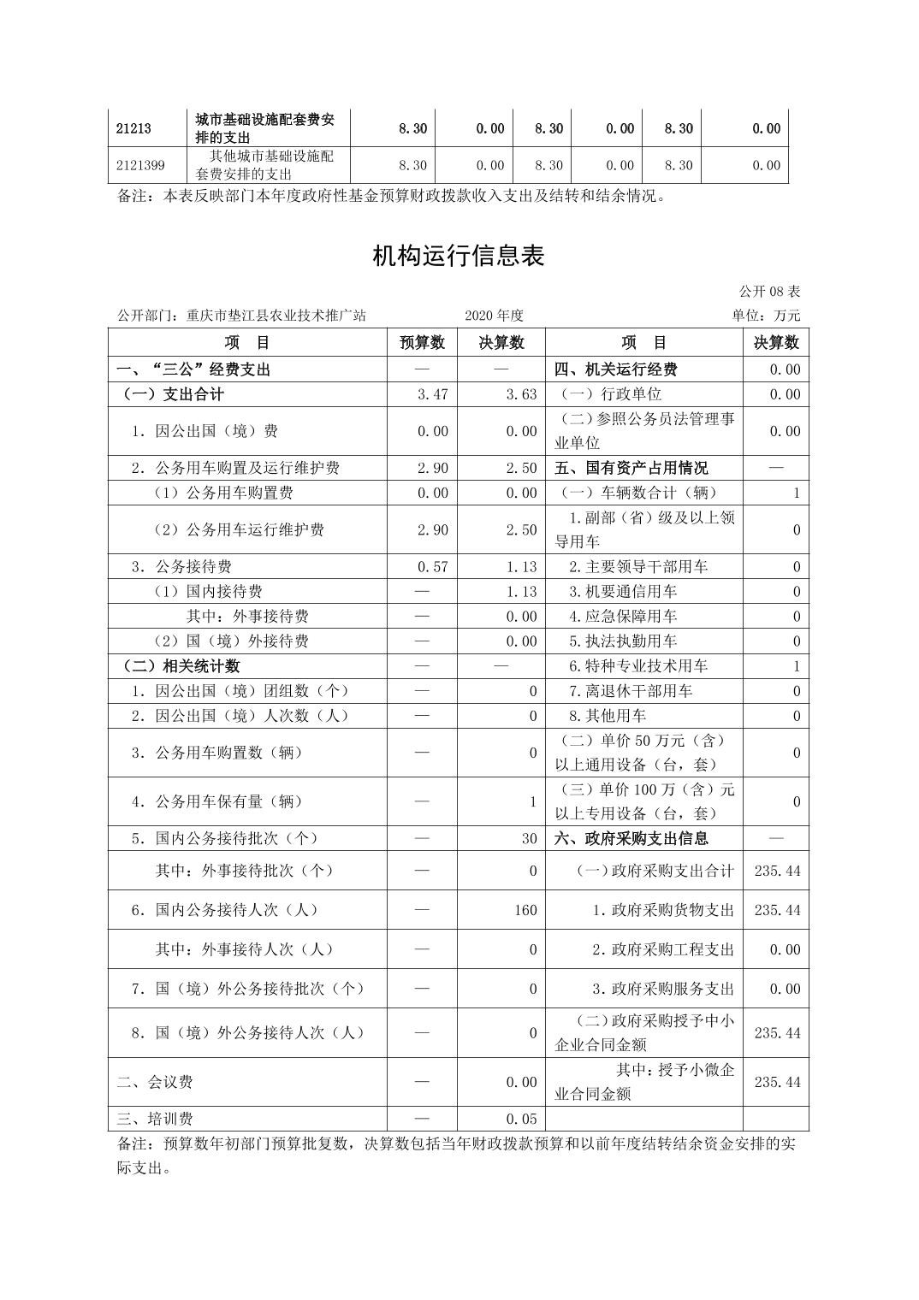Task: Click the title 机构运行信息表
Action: tap(459, 256)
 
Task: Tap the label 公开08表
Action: tap(770, 292)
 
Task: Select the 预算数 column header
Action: tap(422, 343)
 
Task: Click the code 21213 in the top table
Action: tap(133, 129)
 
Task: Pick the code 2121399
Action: tap(141, 165)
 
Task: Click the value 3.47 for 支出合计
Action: tap(432, 394)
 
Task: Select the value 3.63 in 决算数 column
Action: tap(521, 394)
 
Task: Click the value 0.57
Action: tap(432, 567)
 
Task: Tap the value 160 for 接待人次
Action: tap(525, 910)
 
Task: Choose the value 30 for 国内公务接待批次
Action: tap(529, 839)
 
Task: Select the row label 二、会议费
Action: tap(155, 1082)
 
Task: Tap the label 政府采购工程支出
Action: tap(663, 949)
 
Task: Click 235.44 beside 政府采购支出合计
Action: tap(777, 871)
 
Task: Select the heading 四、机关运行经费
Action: tap(616, 369)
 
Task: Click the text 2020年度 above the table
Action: tap(494, 316)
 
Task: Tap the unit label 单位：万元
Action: tap(766, 316)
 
